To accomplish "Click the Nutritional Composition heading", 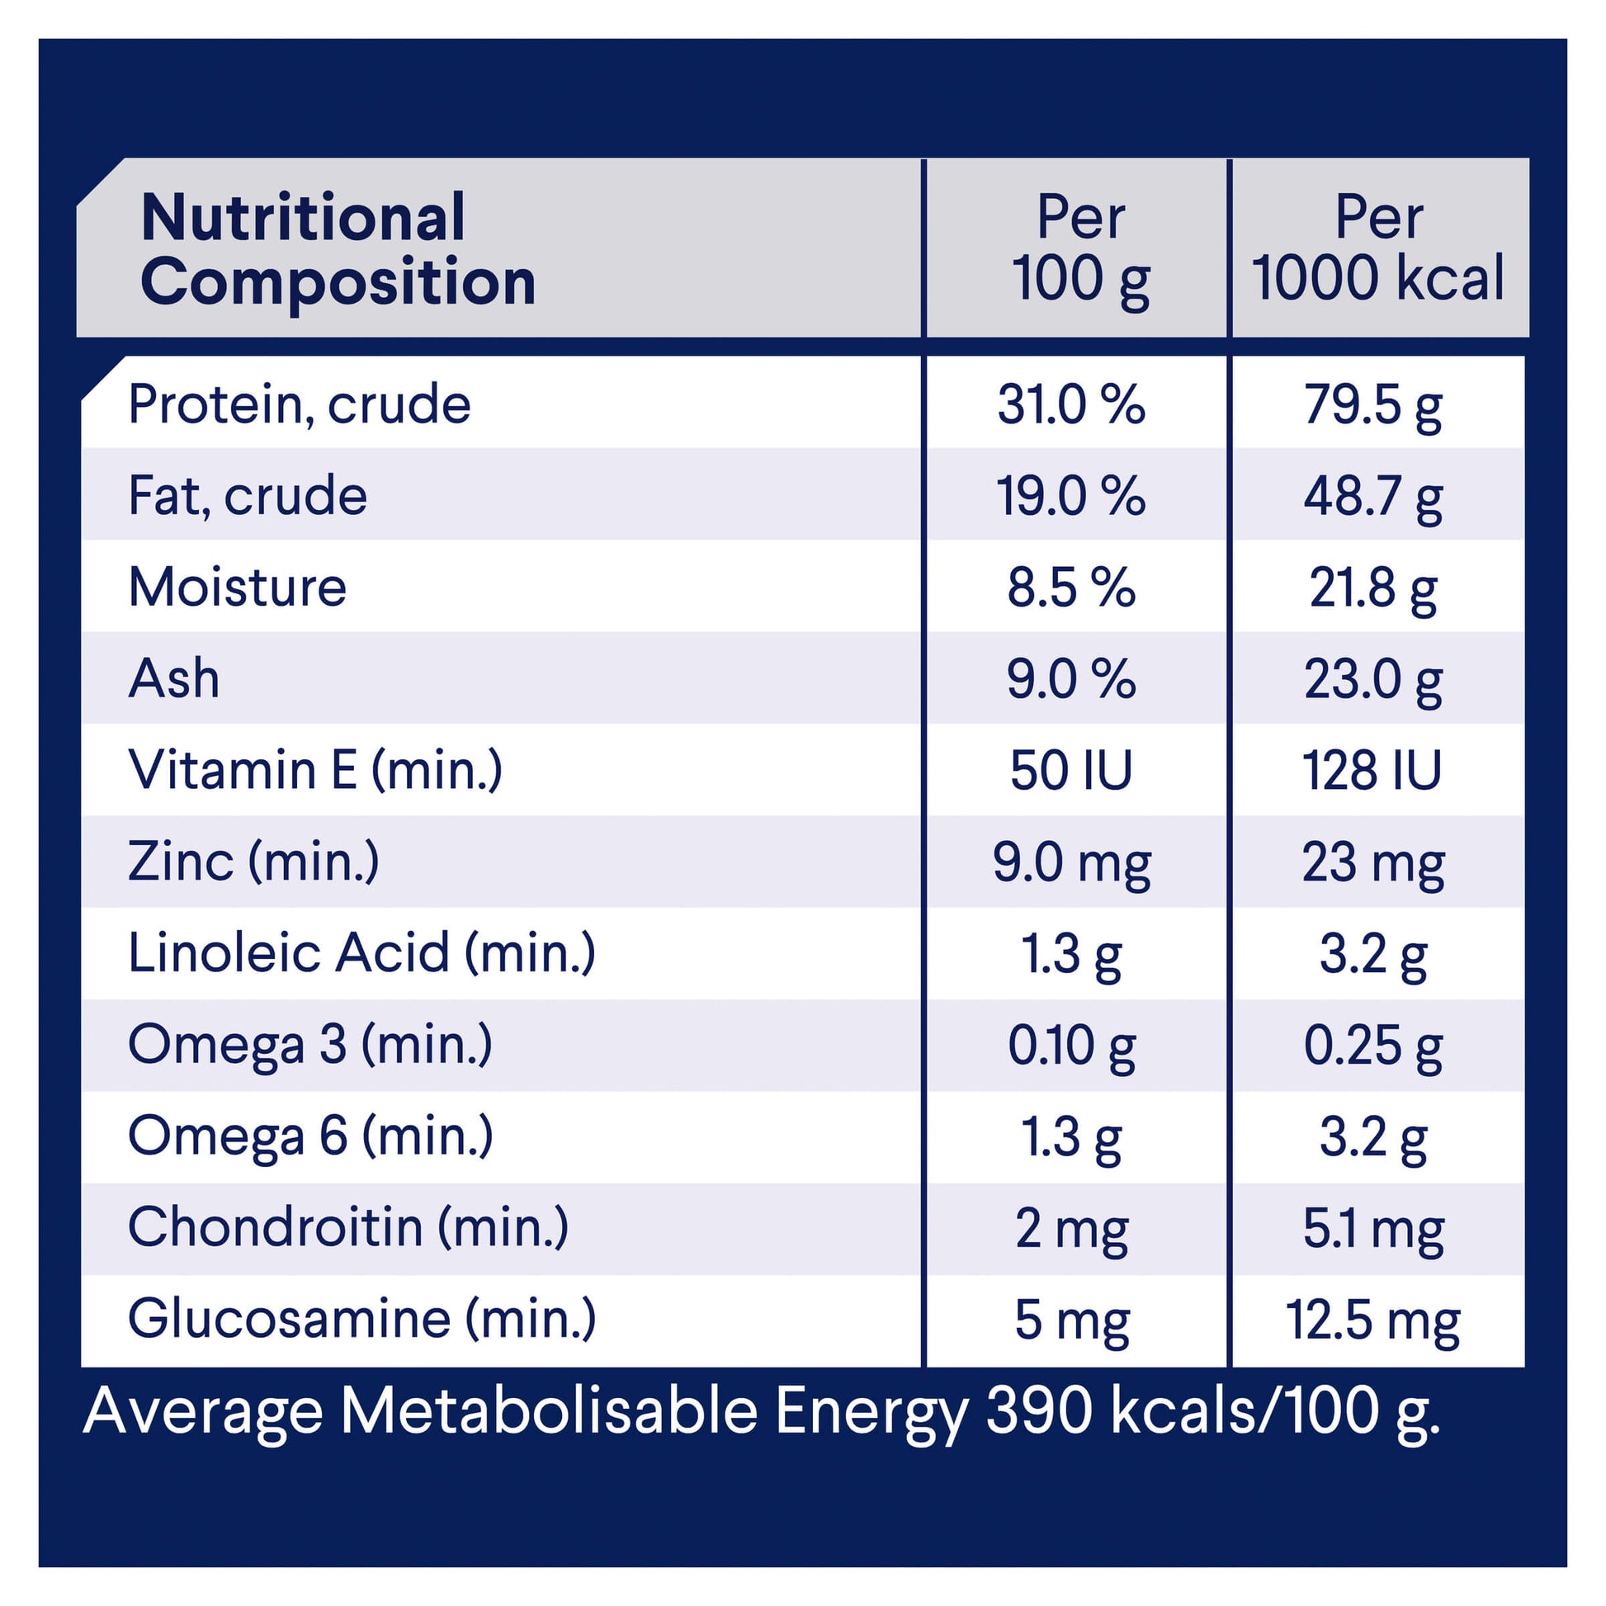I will [x=338, y=248].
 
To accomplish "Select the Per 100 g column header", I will [x=1079, y=248].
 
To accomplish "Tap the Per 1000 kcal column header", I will [x=1378, y=248].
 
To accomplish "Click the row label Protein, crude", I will [x=300, y=405].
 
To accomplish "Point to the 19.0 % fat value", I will [x=1070, y=496].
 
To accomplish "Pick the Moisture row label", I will [x=237, y=587].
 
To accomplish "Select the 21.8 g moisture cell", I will [x=1373, y=588].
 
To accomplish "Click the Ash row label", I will [x=174, y=678].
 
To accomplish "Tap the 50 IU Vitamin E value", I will [x=1070, y=771].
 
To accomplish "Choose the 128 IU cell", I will [x=1372, y=771].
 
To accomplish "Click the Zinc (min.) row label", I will [x=253, y=862].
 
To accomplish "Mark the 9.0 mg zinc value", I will [x=1071, y=863].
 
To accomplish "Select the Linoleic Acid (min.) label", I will [x=361, y=952].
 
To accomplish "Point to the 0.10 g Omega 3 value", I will [x=1071, y=1046].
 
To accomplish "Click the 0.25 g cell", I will [x=1373, y=1046].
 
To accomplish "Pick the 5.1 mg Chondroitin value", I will [x=1373, y=1229].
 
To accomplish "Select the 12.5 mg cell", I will [x=1373, y=1320].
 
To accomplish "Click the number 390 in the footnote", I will [x=1038, y=1411].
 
